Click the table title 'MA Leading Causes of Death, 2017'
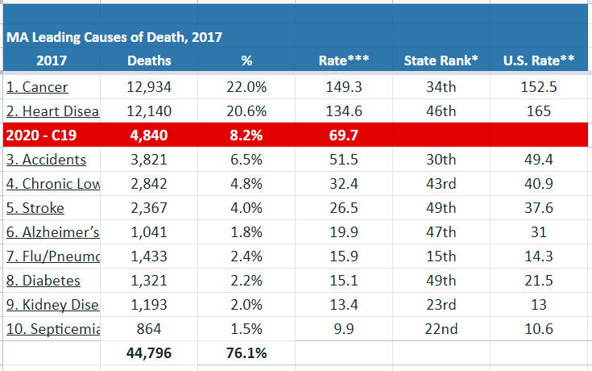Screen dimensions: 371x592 [114, 37]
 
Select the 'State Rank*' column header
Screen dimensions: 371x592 [441, 60]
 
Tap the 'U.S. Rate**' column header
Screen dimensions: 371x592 [539, 60]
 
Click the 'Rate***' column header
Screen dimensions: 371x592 [343, 60]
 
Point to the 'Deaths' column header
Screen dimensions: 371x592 [149, 60]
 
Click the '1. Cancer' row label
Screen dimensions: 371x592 [37, 87]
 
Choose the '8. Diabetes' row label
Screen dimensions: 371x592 [43, 281]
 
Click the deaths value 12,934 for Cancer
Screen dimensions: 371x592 [149, 87]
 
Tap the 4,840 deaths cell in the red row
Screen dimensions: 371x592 [149, 135]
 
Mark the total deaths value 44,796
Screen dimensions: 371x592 [149, 352]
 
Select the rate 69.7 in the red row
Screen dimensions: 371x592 [343, 135]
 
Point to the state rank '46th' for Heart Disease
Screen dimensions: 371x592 [441, 110]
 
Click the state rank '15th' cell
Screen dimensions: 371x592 [441, 256]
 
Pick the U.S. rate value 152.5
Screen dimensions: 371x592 [539, 87]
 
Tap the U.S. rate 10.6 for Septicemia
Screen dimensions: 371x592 [539, 329]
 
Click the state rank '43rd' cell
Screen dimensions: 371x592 [441, 184]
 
